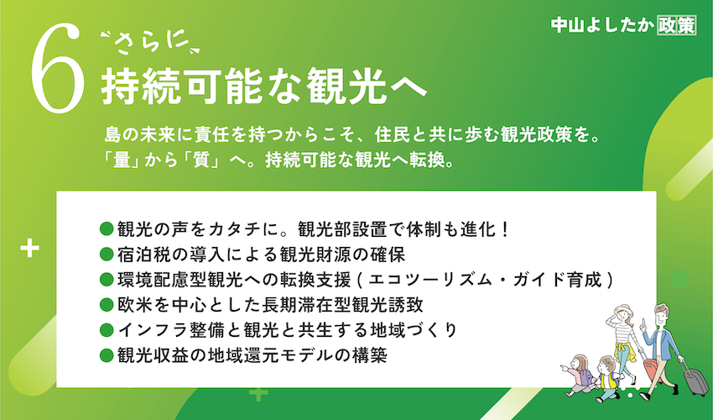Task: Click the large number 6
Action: click(58, 68)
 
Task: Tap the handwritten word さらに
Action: click(149, 44)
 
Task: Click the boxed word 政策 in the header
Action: click(677, 25)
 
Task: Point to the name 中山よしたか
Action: click(602, 25)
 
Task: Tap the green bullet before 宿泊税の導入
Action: click(106, 255)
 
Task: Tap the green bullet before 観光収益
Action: click(106, 354)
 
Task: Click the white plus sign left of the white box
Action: click(29, 249)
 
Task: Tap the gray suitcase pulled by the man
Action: click(695, 381)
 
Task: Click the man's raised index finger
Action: click(643, 322)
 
